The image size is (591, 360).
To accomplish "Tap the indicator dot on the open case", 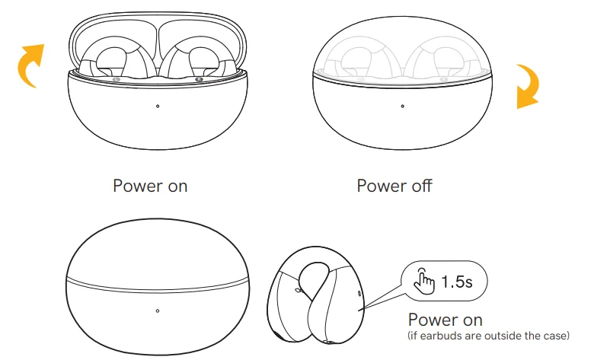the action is pyautogui.click(x=158, y=107).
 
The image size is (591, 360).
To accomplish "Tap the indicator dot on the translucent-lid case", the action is pyautogui.click(x=403, y=107).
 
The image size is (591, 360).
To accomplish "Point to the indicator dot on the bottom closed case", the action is pyautogui.click(x=158, y=311).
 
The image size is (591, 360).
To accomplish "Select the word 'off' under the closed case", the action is pyautogui.click(x=422, y=186).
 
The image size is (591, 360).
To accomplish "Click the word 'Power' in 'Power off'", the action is pyautogui.click(x=382, y=186).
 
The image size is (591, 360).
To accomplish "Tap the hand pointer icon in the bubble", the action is pyautogui.click(x=424, y=282).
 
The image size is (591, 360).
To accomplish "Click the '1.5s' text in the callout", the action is pyautogui.click(x=456, y=282).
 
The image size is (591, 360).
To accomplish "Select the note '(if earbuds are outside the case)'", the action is pyautogui.click(x=488, y=336).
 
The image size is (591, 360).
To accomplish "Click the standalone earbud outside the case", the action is pyautogui.click(x=315, y=295).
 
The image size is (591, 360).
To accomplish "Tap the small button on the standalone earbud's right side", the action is pyautogui.click(x=359, y=293).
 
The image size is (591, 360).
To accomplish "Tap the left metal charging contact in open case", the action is pyautogui.click(x=116, y=79).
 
